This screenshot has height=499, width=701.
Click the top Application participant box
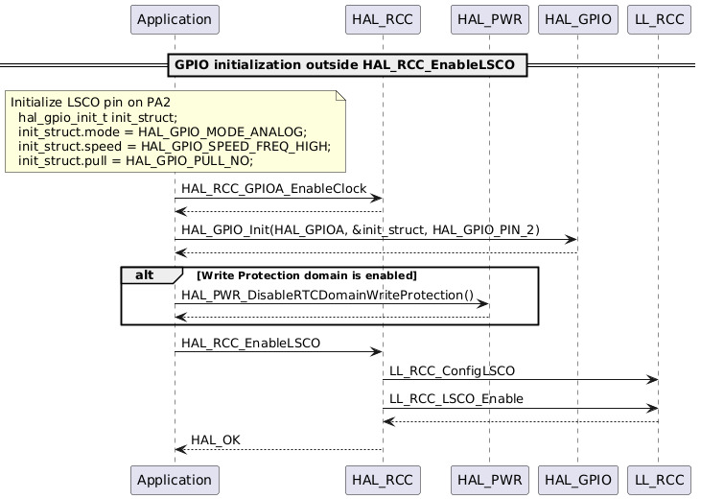click(x=175, y=19)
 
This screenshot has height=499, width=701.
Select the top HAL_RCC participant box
click(x=383, y=19)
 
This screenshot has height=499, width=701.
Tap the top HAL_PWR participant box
click(x=488, y=19)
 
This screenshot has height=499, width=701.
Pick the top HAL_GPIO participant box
click(x=577, y=19)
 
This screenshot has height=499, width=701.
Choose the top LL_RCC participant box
click(x=658, y=19)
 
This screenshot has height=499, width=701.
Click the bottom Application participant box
click(x=175, y=479)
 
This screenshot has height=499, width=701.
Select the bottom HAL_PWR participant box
click(x=488, y=479)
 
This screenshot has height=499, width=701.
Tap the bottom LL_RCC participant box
click(x=658, y=479)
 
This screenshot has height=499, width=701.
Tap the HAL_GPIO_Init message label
click(x=360, y=231)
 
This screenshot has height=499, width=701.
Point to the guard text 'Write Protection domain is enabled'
click(x=306, y=276)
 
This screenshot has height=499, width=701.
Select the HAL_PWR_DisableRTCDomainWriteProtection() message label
click(x=327, y=296)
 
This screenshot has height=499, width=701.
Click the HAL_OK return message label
click(x=216, y=440)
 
